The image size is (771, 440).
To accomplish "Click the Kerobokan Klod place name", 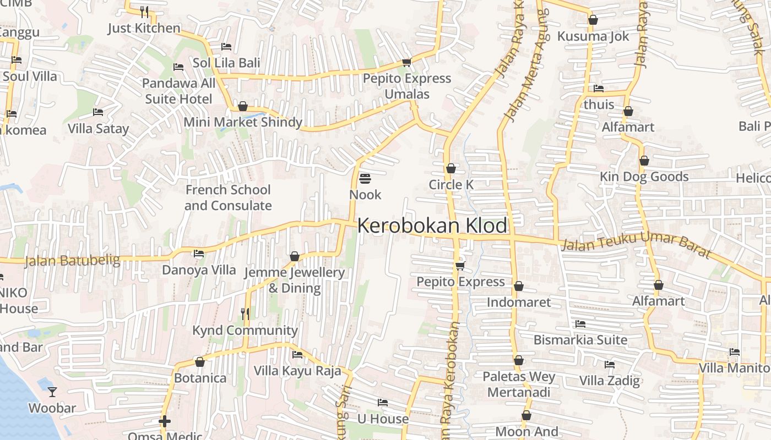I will pos(432,226).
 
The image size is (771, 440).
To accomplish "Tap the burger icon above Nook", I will pos(365,179).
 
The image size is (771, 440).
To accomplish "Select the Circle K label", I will pos(451,185).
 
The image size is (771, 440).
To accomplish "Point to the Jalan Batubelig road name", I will pos(73,260).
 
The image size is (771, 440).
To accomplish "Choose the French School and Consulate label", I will pos(228,197).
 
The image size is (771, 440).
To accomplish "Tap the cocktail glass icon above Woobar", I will pos(52,392).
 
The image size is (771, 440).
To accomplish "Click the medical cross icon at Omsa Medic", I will pos(164,422).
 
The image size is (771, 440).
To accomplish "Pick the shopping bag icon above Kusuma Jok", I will pos(593,20).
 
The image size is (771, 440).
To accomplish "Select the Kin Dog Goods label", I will pos(644,177).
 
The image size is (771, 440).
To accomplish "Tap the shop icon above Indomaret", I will pos(518,287).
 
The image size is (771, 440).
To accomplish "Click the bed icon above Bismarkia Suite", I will pos(580,324).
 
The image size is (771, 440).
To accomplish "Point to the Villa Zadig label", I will pos(610,380).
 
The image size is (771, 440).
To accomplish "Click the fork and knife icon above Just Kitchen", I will pos(144,12).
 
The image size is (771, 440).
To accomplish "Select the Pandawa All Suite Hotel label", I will pos(179,91).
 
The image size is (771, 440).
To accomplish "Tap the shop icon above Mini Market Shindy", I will pos(242,106).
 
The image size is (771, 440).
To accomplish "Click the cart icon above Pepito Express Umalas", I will pos(407,62).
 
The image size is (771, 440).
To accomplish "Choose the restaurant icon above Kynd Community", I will pos(245,314).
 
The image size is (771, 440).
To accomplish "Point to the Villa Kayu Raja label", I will pos(297,371).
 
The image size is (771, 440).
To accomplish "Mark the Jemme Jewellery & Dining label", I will pos(294,280).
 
